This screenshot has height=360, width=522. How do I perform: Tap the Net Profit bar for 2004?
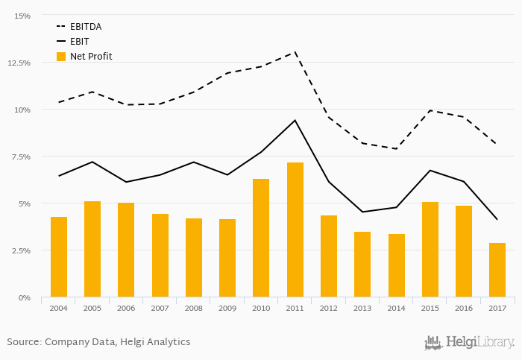[x=59, y=256]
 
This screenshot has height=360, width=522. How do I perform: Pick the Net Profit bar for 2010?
[x=261, y=238]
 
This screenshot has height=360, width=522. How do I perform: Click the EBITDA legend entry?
[x=85, y=27]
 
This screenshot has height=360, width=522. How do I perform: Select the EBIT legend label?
[x=79, y=41]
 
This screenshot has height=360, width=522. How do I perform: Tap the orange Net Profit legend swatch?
[x=61, y=56]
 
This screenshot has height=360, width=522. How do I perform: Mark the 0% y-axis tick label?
[x=25, y=297]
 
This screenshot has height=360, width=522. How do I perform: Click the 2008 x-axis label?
[x=194, y=308]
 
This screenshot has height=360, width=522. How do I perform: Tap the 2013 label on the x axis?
[x=362, y=308]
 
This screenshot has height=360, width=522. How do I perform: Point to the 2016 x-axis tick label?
[x=464, y=308]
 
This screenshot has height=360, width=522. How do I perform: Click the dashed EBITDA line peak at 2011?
[x=295, y=52]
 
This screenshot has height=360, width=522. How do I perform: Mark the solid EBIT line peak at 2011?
[x=295, y=120]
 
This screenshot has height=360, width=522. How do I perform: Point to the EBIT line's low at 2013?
[x=362, y=212]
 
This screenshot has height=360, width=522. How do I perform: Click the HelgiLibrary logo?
[x=469, y=342]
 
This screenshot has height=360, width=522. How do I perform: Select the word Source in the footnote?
[x=23, y=342]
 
